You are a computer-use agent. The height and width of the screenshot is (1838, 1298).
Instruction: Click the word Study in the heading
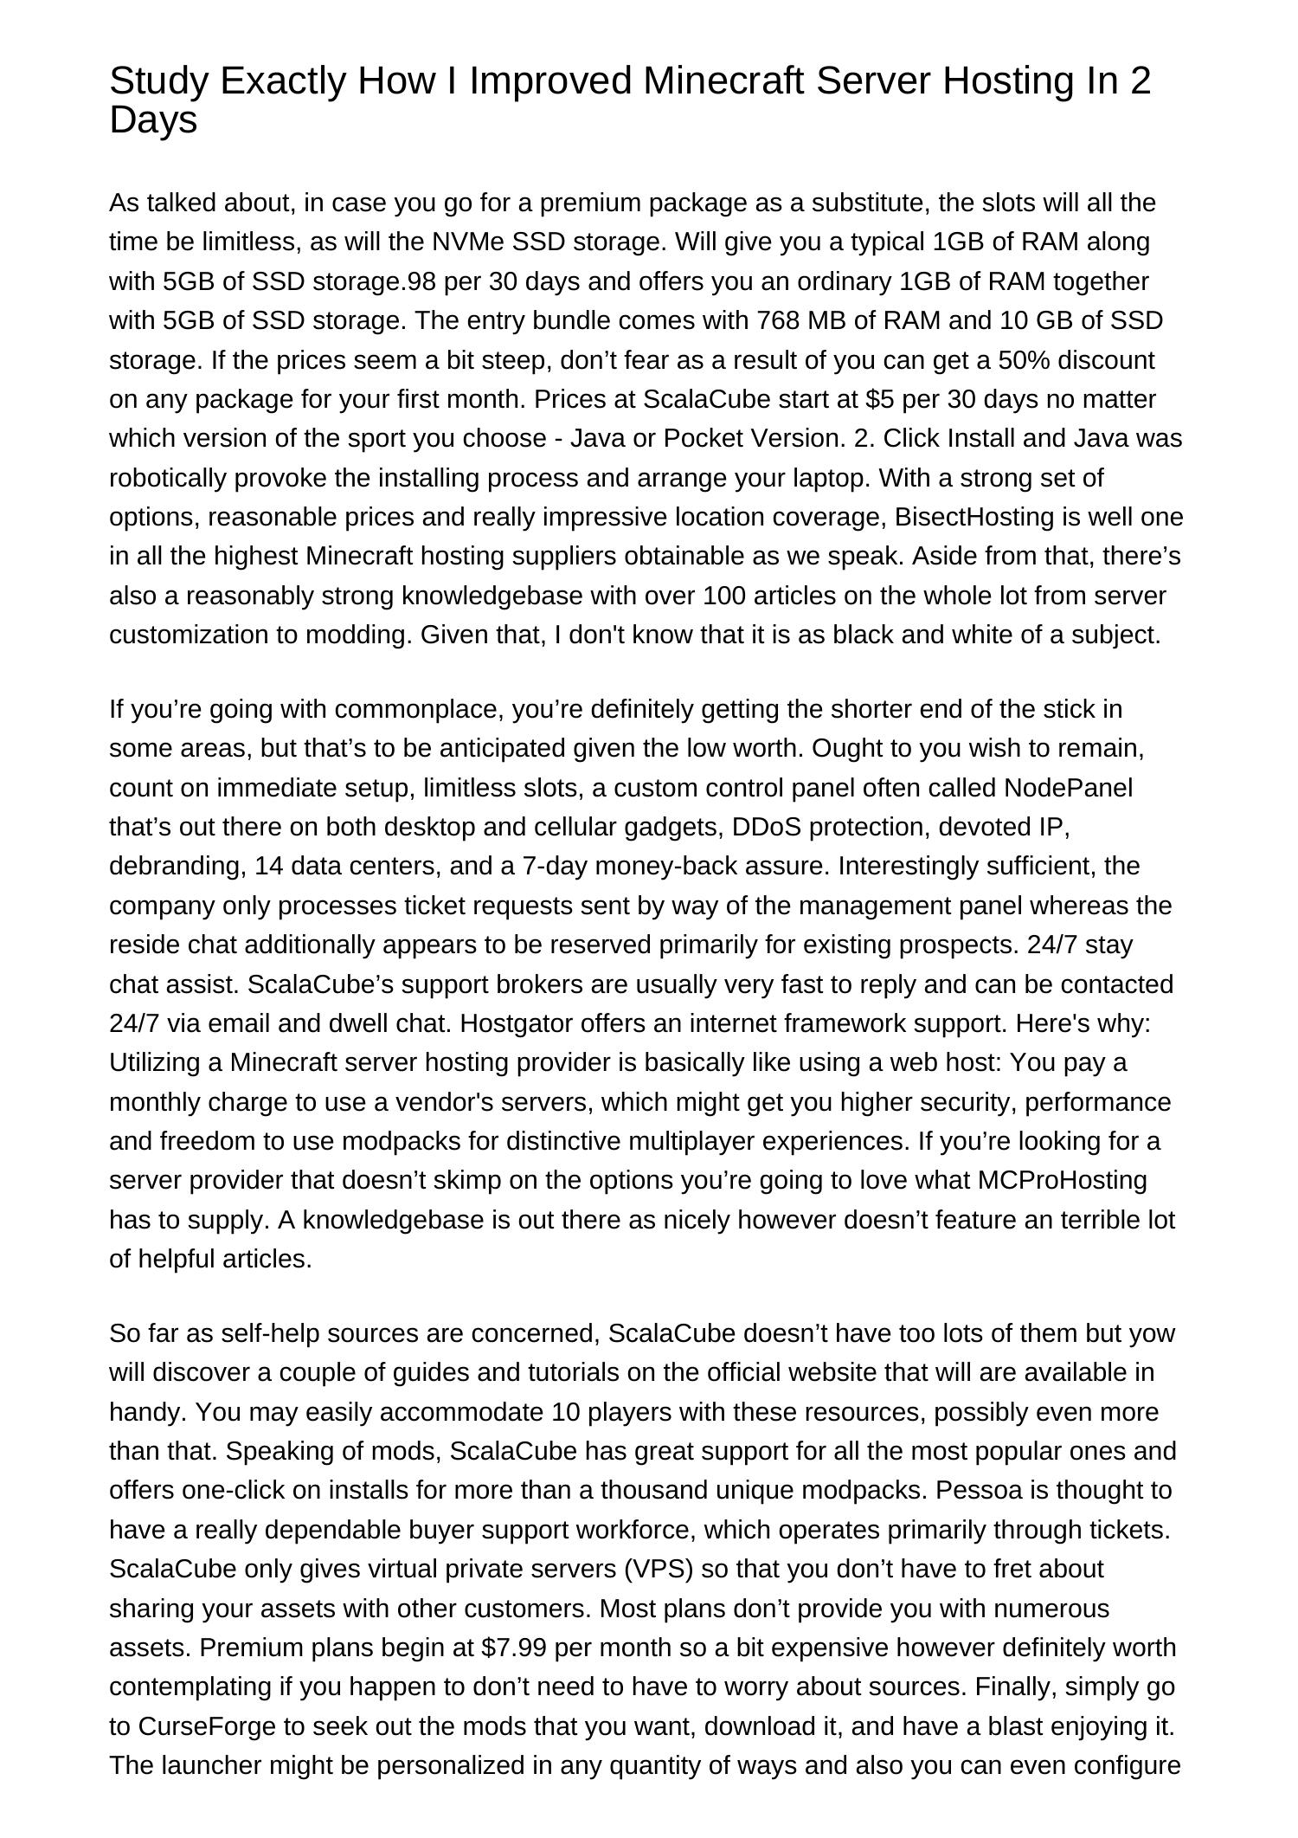[x=160, y=81]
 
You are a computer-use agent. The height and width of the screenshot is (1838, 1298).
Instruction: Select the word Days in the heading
[x=153, y=120]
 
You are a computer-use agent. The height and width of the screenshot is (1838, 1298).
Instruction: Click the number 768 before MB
[x=778, y=321]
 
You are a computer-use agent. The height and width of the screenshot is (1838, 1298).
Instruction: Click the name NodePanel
[x=1068, y=789]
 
